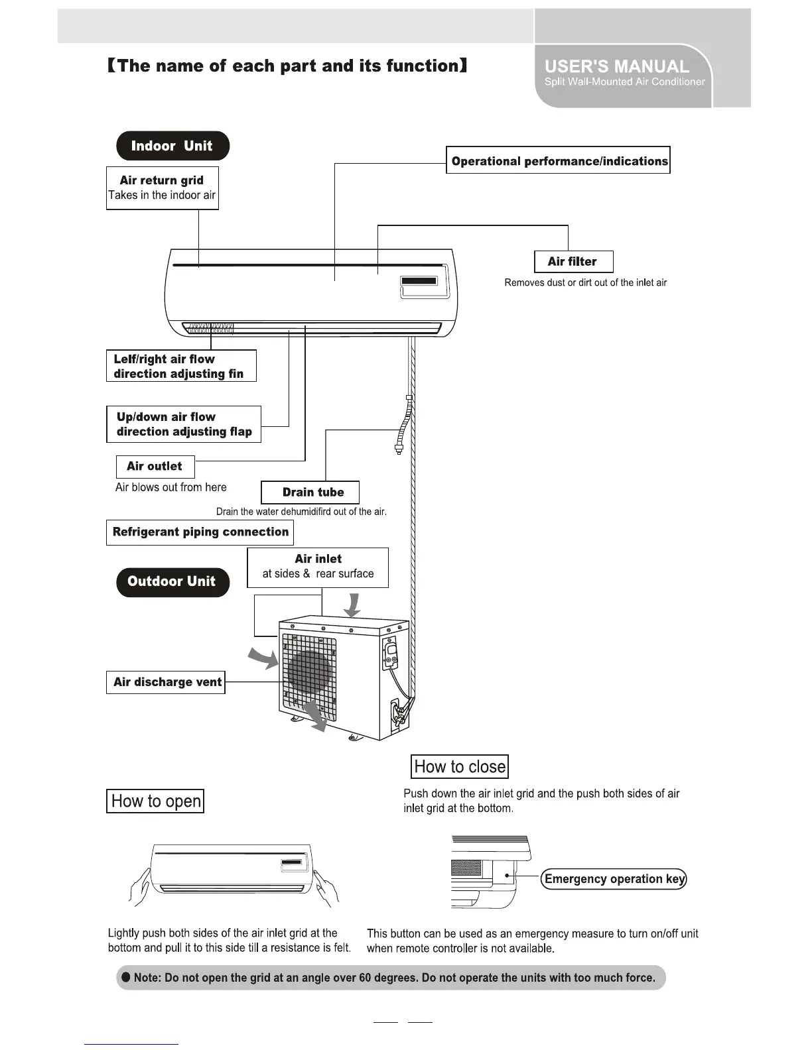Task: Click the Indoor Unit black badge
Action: (172, 146)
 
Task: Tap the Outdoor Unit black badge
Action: (172, 582)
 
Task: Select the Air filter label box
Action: (573, 262)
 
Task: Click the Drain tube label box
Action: (310, 493)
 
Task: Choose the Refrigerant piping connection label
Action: (200, 532)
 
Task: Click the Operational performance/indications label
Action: (558, 160)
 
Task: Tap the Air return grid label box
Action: (163, 188)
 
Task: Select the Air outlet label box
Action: (155, 467)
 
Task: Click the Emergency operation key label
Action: (614, 879)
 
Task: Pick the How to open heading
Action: (155, 801)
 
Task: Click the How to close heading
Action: (460, 767)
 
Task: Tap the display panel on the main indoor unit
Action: (419, 282)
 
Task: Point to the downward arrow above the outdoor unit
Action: (354, 605)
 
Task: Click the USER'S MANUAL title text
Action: (617, 66)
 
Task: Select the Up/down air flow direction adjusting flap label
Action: (184, 424)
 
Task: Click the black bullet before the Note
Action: (125, 978)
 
